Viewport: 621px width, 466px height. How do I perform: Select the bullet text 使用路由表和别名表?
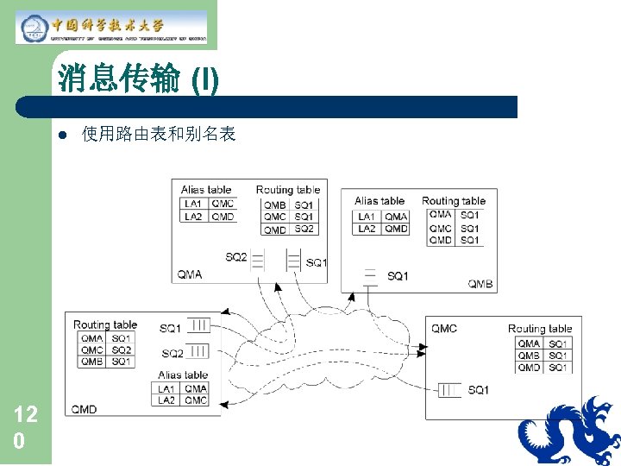[x=159, y=135]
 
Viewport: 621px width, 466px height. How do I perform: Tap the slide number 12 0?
[x=25, y=428]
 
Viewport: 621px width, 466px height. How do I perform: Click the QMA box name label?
[x=190, y=274]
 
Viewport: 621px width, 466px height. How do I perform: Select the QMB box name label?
[x=480, y=283]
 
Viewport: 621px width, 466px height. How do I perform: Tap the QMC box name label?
[x=444, y=329]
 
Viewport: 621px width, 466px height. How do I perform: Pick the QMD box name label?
[x=85, y=408]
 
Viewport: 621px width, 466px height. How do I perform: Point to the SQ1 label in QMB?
[x=398, y=276]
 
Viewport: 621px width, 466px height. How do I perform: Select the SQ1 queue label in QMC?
[x=479, y=390]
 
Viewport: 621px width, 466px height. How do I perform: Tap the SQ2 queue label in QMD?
[x=172, y=353]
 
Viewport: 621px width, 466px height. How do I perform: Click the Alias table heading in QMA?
[x=206, y=190]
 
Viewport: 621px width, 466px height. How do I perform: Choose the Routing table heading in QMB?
[x=454, y=201]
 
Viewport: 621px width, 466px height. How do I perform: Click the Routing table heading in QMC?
[x=540, y=329]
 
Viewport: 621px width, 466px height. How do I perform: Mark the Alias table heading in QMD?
[x=183, y=375]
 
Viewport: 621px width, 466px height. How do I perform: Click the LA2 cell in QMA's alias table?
[x=193, y=217]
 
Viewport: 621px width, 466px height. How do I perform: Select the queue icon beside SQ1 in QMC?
[x=448, y=390]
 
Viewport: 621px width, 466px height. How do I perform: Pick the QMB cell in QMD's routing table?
[x=92, y=362]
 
